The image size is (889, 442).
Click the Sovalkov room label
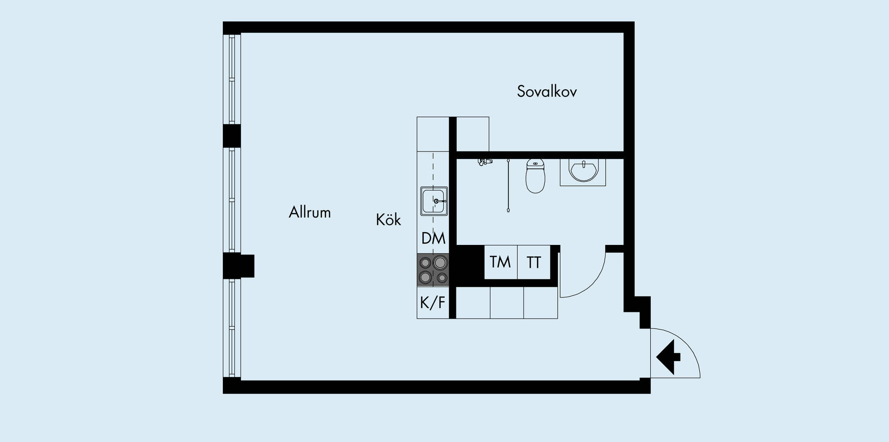click(x=547, y=91)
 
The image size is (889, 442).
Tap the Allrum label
click(x=310, y=212)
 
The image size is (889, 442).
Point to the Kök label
click(x=388, y=219)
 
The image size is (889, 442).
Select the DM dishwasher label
click(x=433, y=238)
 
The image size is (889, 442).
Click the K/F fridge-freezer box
click(x=433, y=303)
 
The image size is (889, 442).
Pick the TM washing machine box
click(x=501, y=262)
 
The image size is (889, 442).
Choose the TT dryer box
click(x=534, y=262)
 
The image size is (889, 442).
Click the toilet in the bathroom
click(x=535, y=176)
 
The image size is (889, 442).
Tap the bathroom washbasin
click(x=583, y=171)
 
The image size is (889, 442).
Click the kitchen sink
click(x=434, y=201)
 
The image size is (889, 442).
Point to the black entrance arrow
click(x=668, y=357)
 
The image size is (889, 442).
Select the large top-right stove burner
click(x=440, y=263)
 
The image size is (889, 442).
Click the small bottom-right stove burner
click(x=442, y=278)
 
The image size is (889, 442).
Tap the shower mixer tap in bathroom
click(x=485, y=162)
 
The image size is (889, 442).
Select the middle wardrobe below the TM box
click(x=507, y=303)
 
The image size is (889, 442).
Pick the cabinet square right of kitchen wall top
click(x=473, y=134)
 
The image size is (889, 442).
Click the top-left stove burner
click(x=425, y=263)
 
